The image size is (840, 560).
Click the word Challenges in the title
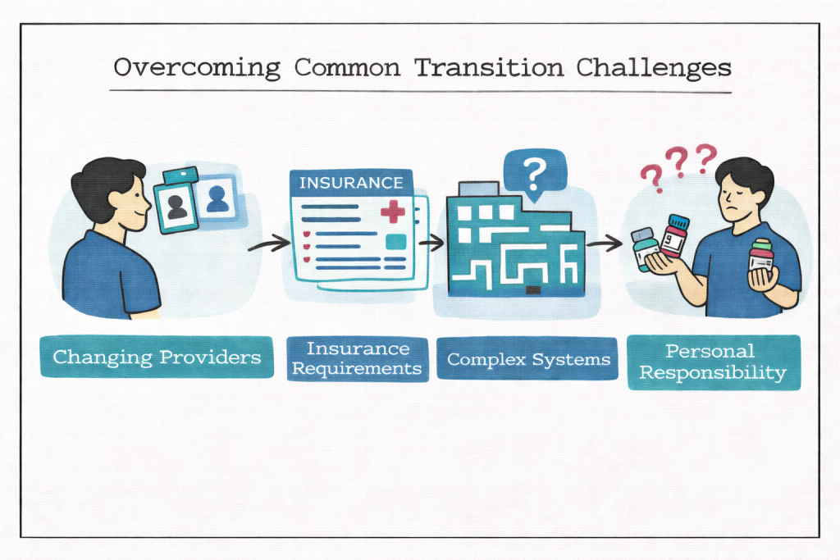(654, 68)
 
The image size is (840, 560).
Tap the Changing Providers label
(157, 357)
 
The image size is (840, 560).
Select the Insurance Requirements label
(358, 358)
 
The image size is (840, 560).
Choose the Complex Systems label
(527, 358)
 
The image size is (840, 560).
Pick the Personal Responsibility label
(714, 362)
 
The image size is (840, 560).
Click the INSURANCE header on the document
(351, 183)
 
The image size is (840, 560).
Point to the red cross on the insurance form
(393, 211)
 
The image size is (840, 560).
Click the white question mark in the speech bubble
(534, 173)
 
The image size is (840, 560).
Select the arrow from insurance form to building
(431, 243)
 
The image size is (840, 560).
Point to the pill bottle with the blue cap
(673, 237)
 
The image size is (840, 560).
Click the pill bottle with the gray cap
(646, 248)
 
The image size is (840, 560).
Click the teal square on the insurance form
(396, 243)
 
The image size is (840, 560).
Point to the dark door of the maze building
(533, 290)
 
